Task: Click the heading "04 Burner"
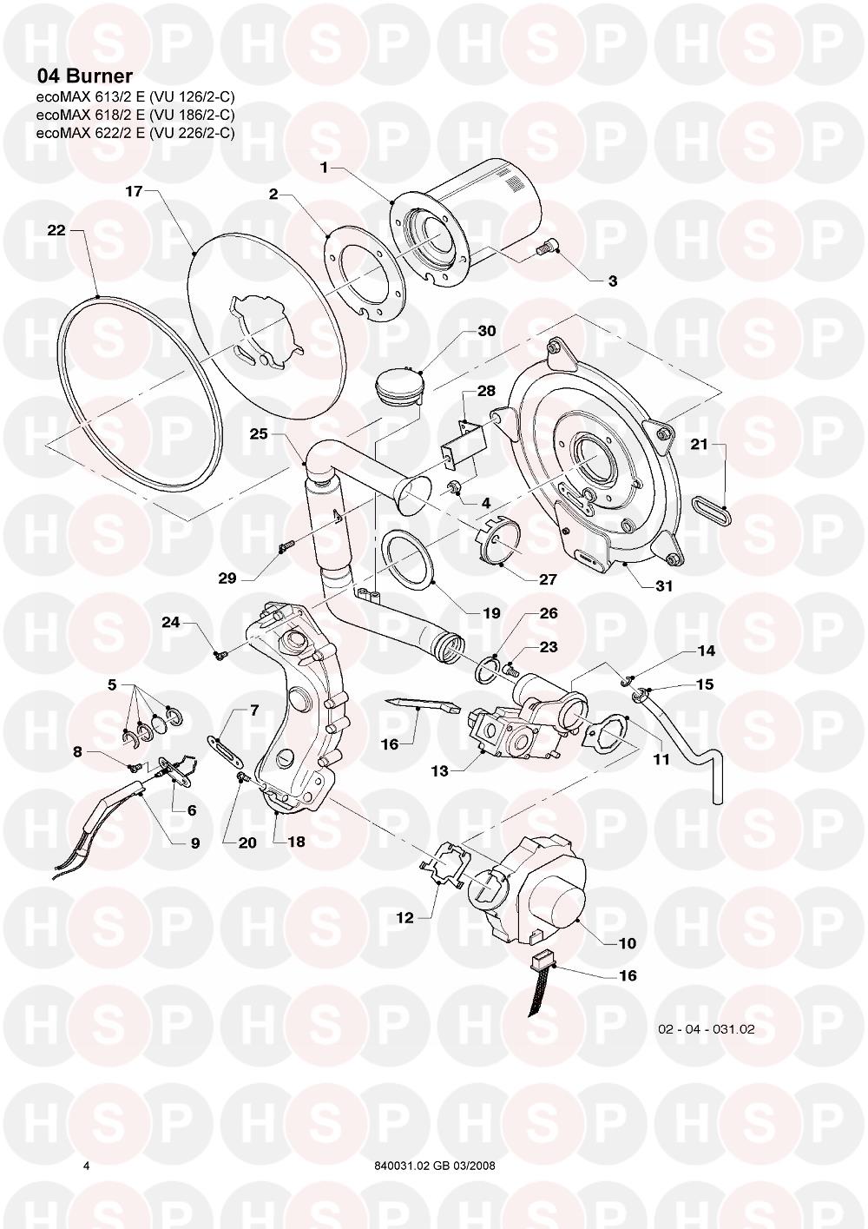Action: tap(84, 76)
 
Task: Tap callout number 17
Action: tap(134, 191)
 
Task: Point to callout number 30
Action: tap(486, 331)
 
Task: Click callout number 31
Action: tap(663, 585)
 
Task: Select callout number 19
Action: tap(490, 612)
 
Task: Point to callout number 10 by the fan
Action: tap(627, 942)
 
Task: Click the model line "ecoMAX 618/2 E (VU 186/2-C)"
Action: tap(135, 115)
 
